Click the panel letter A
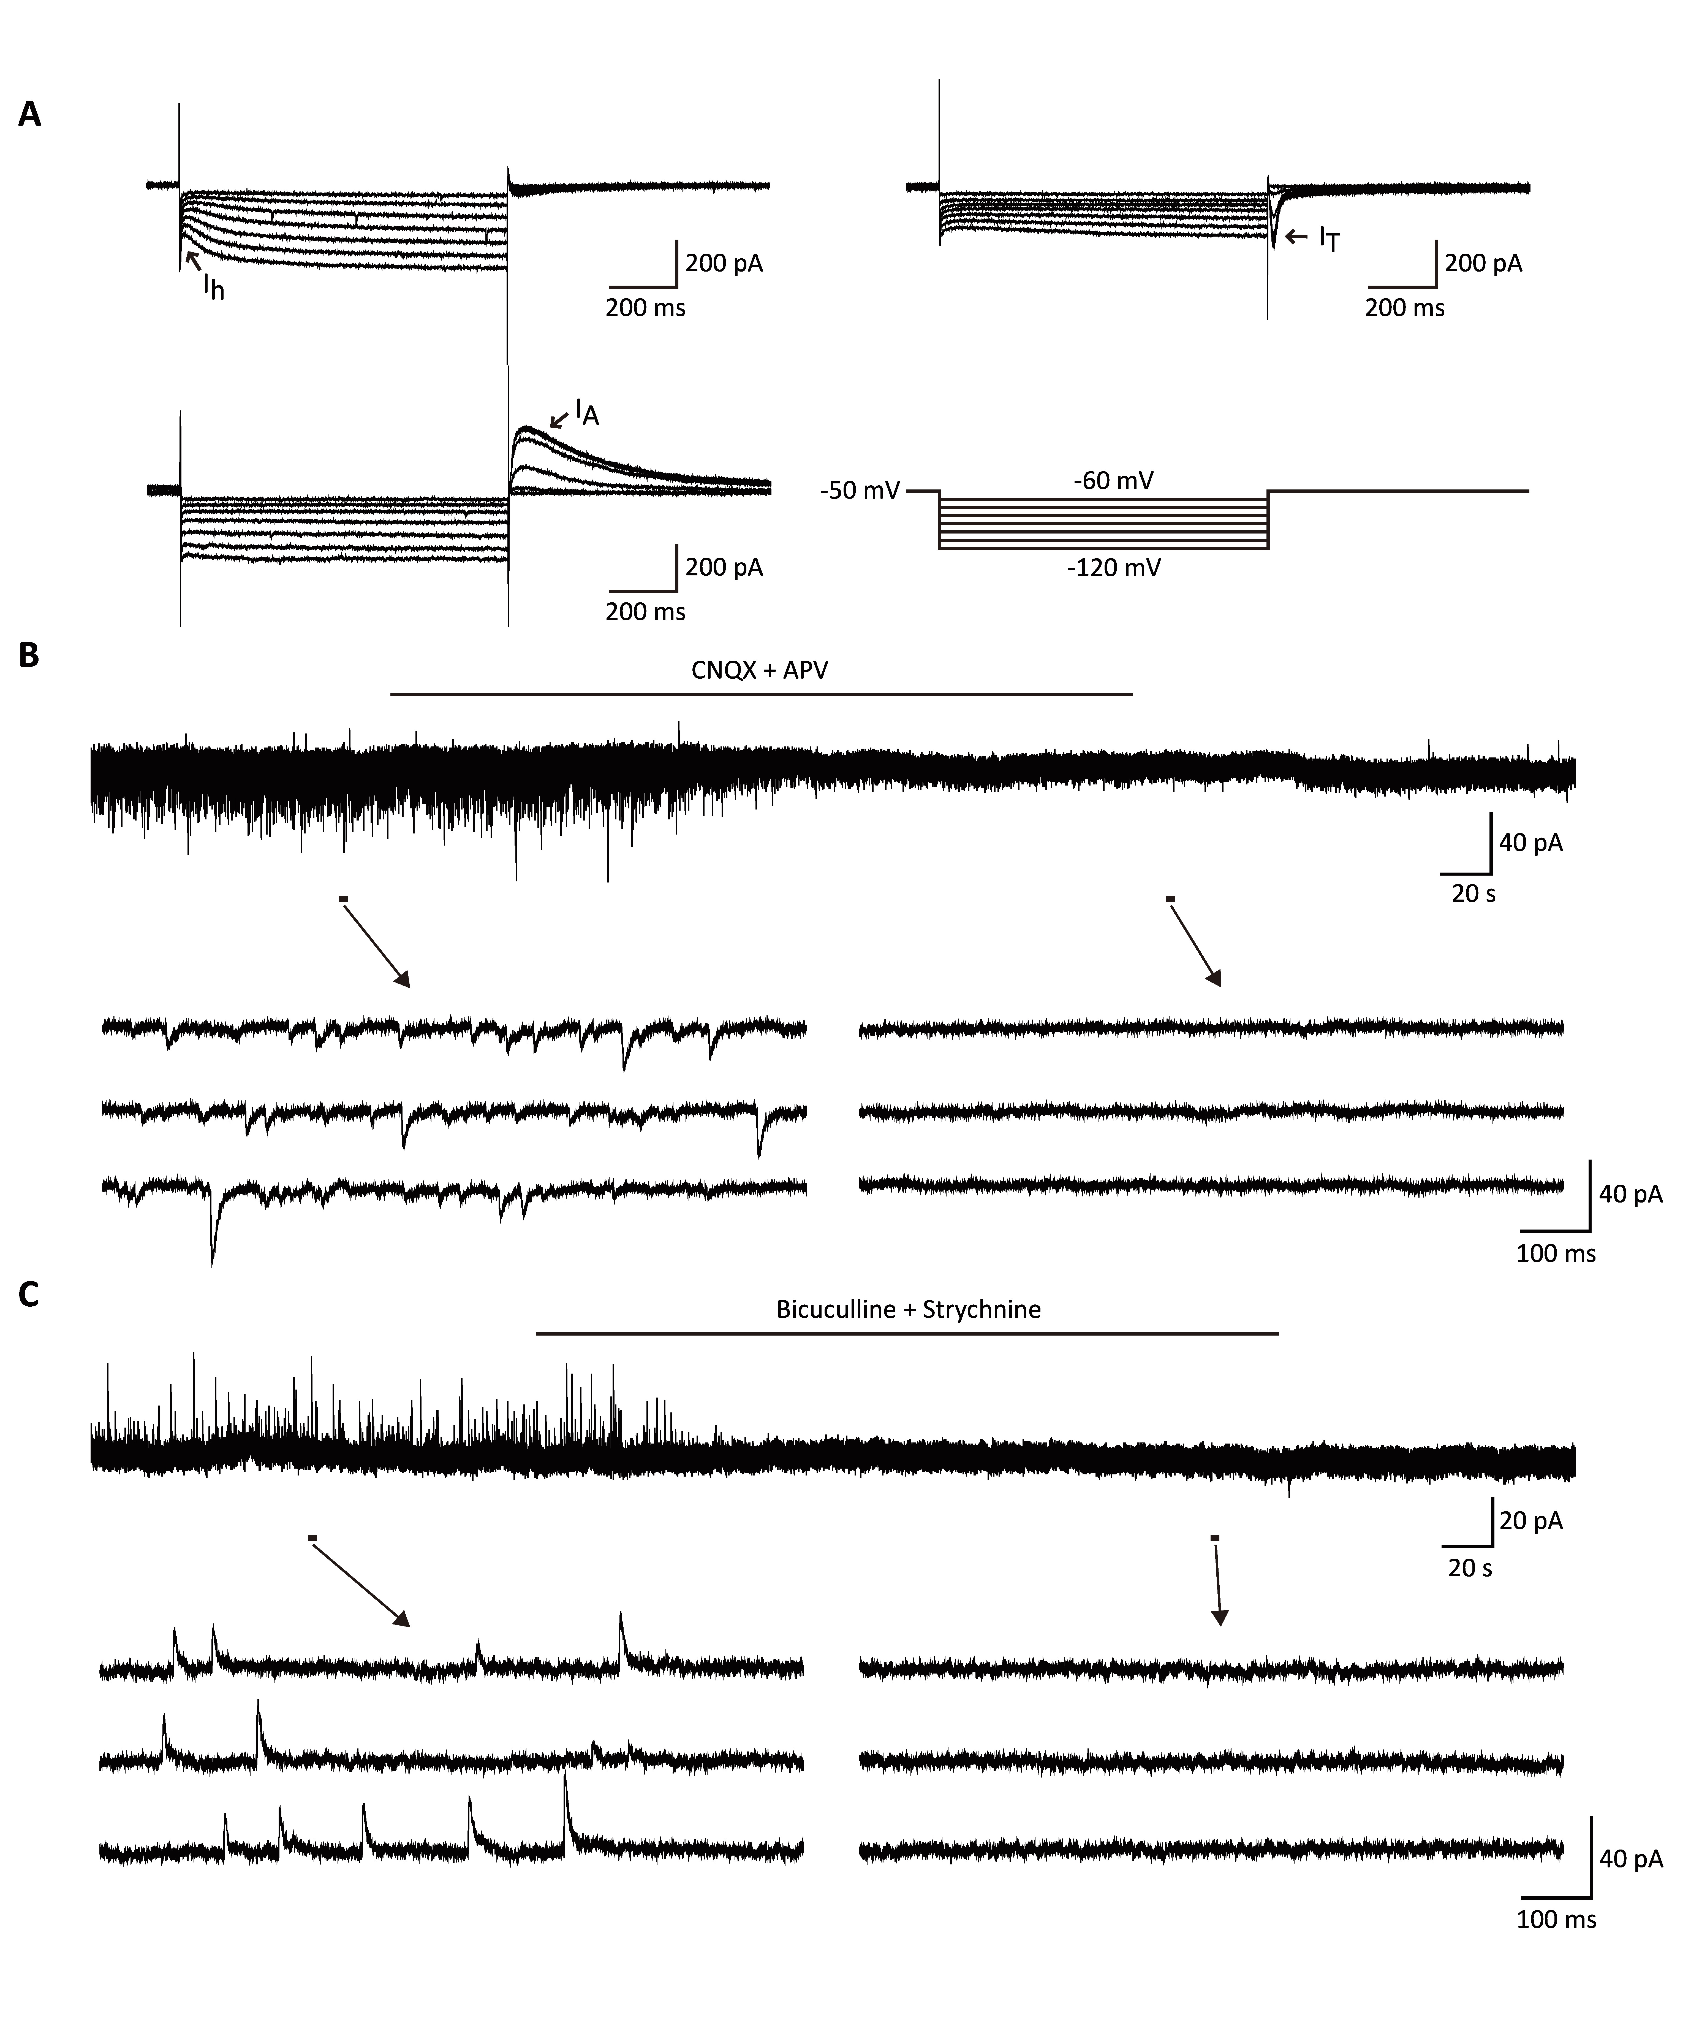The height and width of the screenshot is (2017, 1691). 30,115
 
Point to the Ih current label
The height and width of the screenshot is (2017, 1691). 213,286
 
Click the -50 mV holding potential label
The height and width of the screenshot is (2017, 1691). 860,492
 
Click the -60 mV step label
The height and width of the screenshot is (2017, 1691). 1114,480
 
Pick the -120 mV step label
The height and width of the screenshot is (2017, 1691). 1114,568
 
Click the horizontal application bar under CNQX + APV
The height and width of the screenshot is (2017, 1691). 762,694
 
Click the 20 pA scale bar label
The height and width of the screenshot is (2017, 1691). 1531,1520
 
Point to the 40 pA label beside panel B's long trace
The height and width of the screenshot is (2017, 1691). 1531,842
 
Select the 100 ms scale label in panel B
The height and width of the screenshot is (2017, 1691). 1556,1253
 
